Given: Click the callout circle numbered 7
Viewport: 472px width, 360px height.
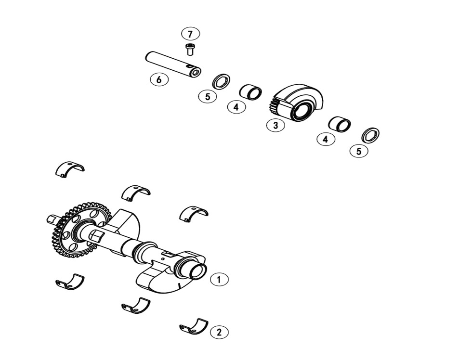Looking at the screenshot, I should pos(190,34).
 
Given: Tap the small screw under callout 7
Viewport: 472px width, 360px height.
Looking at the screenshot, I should pos(190,49).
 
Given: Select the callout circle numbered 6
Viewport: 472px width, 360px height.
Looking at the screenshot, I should pos(159,79).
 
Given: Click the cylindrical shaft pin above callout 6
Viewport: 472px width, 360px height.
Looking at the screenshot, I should pos(172,64).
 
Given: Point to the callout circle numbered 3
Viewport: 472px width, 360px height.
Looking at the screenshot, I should pos(275,125).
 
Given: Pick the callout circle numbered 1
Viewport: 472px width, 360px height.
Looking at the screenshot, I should pos(219,279).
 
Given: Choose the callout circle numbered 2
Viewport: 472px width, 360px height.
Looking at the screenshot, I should pos(219,332).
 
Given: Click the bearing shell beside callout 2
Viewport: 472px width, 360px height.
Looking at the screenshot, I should pos(194,327).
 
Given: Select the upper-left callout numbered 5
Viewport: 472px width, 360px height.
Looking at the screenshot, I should pos(208,96).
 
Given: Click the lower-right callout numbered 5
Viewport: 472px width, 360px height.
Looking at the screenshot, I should pos(359,151).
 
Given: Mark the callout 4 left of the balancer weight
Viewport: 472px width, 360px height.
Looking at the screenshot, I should pos(236,107).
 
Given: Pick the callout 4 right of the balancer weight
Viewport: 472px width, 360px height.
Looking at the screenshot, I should pos(326,139).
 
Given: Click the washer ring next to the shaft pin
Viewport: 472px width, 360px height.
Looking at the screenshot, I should pos(221,82).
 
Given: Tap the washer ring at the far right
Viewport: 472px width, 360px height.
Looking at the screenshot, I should pos(370,135).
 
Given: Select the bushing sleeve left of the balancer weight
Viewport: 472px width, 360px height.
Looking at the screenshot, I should pos(250,92).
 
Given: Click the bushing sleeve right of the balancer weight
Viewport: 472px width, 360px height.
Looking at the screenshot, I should pos(340,124).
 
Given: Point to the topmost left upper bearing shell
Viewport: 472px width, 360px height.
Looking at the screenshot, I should pos(70,169).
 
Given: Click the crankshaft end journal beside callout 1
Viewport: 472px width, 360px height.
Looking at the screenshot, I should pos(197,271).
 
